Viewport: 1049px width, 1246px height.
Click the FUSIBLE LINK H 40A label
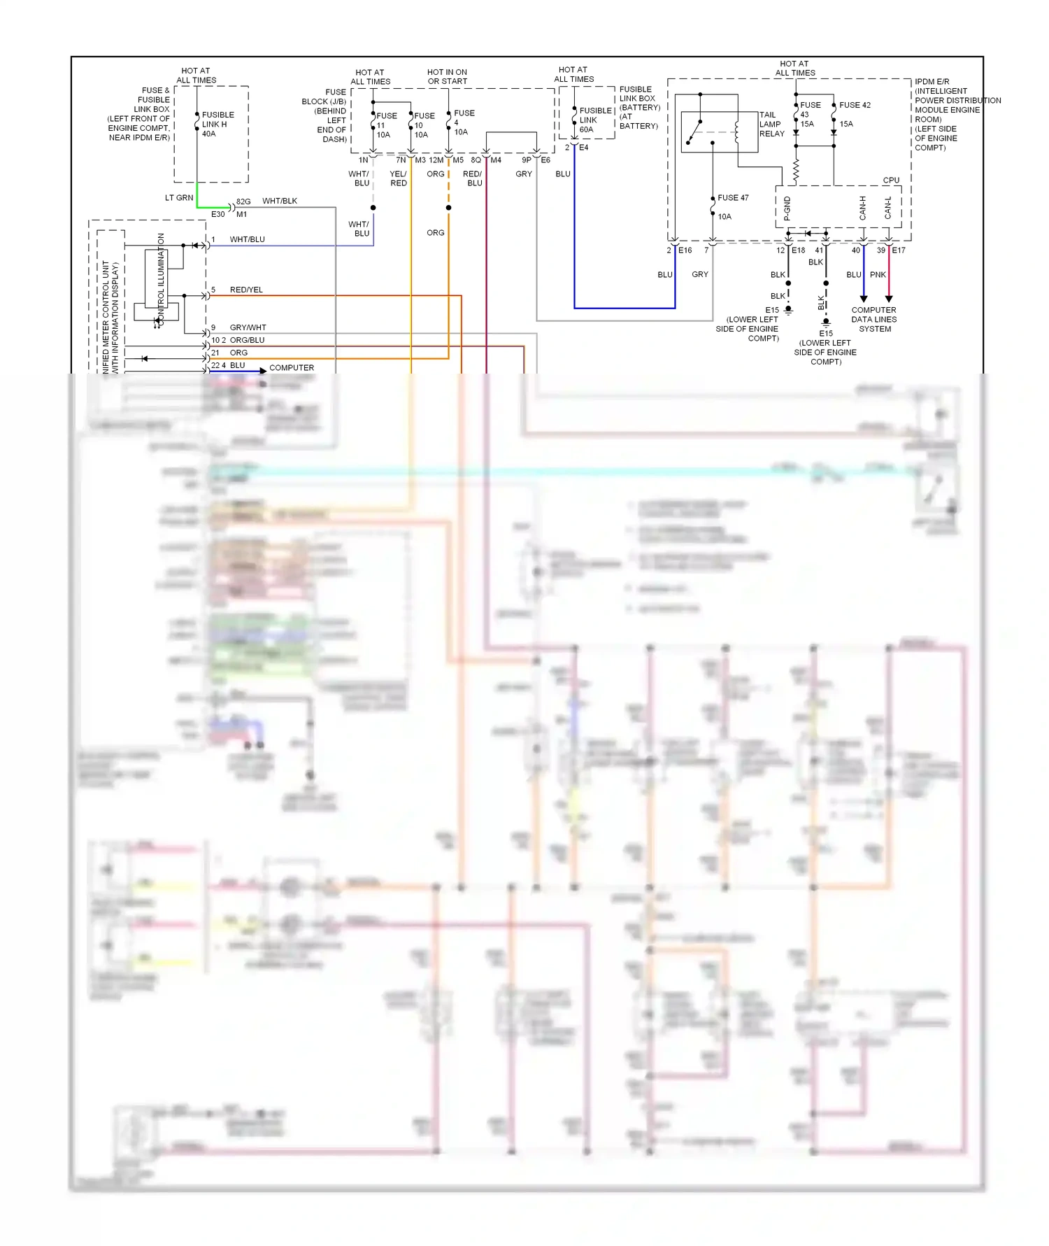(x=217, y=124)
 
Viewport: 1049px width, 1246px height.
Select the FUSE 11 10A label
(x=385, y=125)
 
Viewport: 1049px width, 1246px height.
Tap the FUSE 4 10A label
(x=463, y=122)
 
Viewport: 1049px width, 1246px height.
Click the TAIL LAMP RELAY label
(x=771, y=124)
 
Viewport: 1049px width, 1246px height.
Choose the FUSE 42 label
(x=855, y=105)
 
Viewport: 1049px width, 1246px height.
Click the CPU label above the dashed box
(x=891, y=180)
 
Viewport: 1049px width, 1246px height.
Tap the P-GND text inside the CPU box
(x=787, y=208)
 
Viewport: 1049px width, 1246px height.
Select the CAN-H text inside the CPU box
(x=863, y=208)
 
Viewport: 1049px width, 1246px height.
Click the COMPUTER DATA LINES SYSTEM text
(x=874, y=319)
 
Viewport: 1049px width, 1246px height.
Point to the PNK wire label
(x=878, y=274)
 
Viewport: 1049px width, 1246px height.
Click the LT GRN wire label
(x=179, y=198)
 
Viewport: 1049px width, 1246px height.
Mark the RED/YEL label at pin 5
(x=246, y=290)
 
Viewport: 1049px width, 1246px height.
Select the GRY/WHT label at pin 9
(x=248, y=327)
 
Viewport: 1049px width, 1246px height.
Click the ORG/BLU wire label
(x=247, y=340)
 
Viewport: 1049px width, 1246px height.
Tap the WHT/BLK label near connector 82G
(x=280, y=201)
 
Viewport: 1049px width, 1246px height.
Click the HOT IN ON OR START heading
(x=447, y=76)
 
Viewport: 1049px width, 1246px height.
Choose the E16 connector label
(x=685, y=250)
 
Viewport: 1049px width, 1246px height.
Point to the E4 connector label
(x=583, y=148)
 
